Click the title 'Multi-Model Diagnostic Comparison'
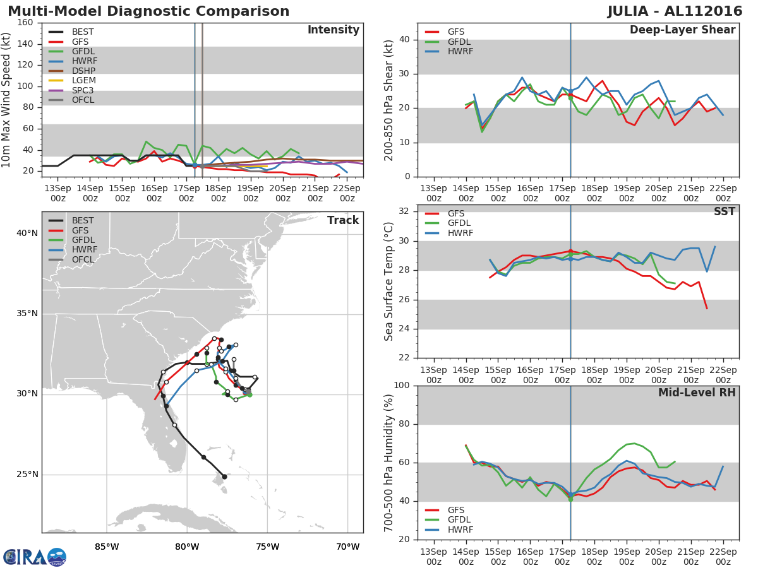(148, 11)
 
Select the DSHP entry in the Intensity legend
(83, 71)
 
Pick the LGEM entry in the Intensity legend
(83, 81)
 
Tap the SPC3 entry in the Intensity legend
(83, 90)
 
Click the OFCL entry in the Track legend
(83, 259)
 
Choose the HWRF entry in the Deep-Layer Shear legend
(459, 51)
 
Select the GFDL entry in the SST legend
(459, 223)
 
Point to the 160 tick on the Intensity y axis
(25, 23)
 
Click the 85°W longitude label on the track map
(107, 547)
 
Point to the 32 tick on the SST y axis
(404, 211)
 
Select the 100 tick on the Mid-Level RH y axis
(401, 386)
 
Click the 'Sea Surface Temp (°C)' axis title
(389, 280)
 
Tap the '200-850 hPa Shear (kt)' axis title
(389, 100)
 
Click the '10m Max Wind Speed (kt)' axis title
(7, 100)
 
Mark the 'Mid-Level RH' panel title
(697, 393)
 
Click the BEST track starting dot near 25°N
(224, 476)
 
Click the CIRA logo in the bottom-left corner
(34, 557)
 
